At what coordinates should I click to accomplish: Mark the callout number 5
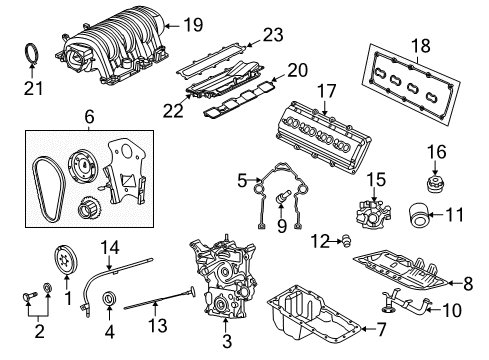(242, 180)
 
